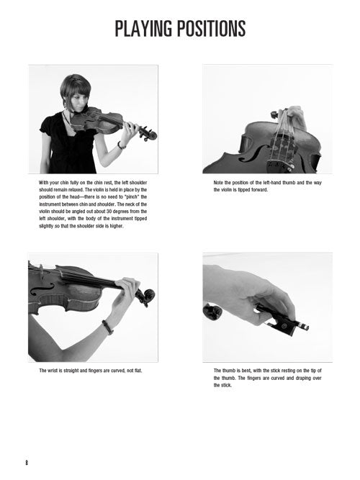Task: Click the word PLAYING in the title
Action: coord(143,29)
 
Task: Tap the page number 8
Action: coord(27,463)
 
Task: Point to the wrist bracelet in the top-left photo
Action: coord(121,145)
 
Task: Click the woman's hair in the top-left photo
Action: coord(75,89)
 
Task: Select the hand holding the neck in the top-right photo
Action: coord(294,116)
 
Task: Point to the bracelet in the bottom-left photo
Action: coord(107,327)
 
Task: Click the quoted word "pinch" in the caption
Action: coord(132,197)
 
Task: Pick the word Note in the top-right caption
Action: coord(218,183)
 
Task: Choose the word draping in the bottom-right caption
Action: coord(304,378)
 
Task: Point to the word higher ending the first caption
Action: coord(117,226)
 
